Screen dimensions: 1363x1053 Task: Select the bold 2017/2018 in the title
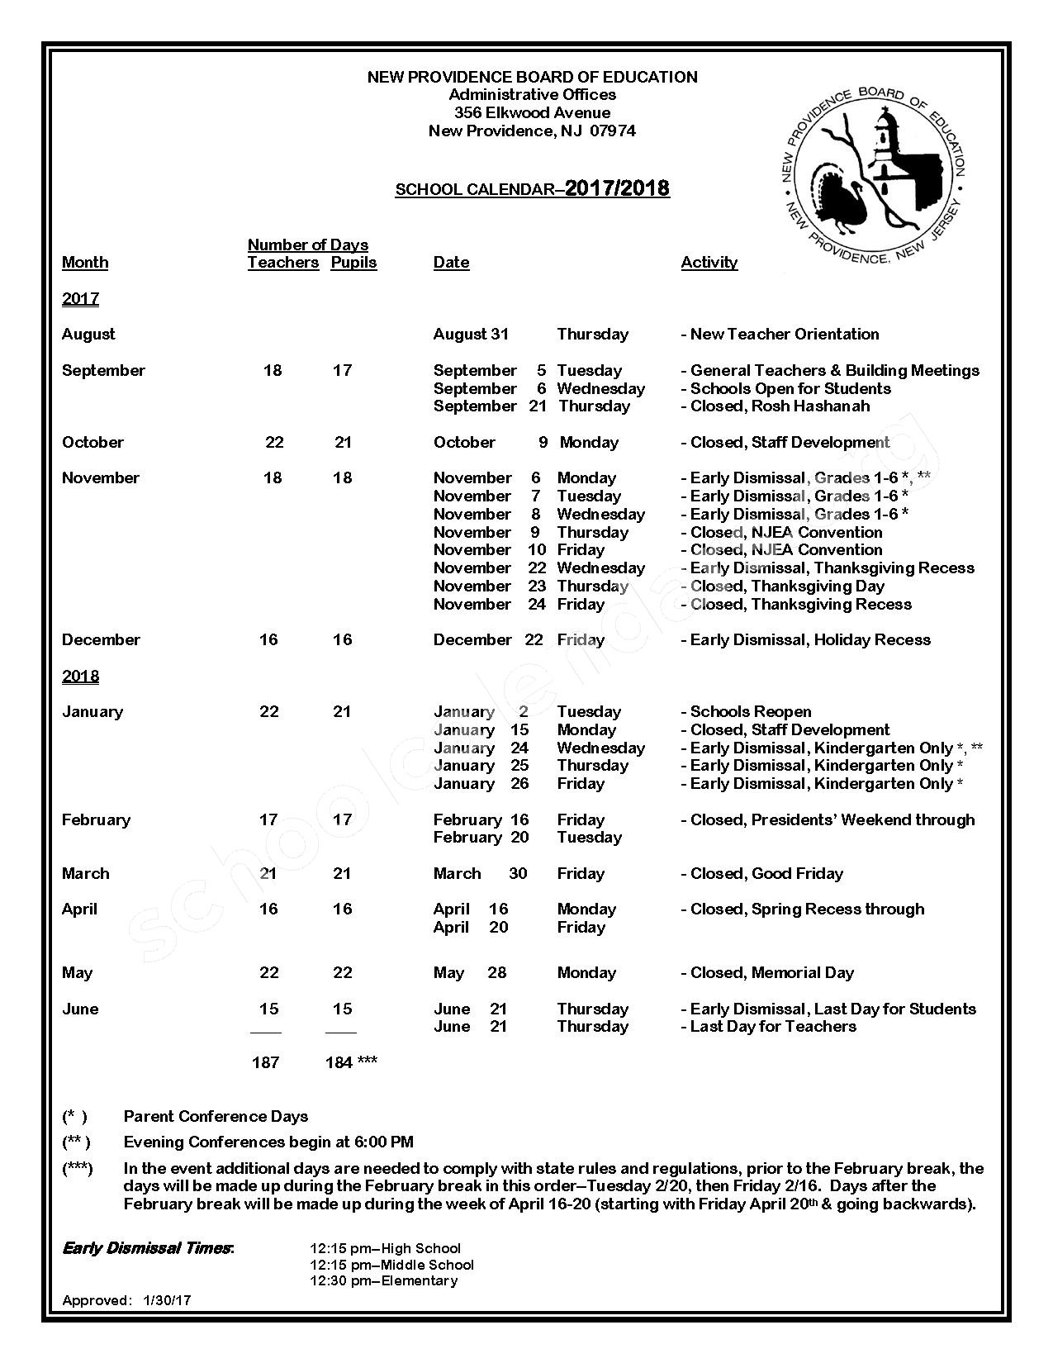(x=617, y=188)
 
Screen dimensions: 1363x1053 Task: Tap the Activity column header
(x=709, y=263)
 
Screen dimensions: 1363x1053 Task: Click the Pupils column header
(x=353, y=263)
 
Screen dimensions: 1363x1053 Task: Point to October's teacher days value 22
(x=274, y=443)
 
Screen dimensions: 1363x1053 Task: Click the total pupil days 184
(x=339, y=1063)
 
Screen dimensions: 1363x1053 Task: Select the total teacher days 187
(x=265, y=1063)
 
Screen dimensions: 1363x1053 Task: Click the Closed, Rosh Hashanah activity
(x=780, y=406)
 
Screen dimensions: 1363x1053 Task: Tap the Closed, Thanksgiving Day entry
(x=786, y=587)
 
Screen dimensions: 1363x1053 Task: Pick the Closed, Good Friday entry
(x=766, y=874)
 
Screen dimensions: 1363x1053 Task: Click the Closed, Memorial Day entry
(x=771, y=973)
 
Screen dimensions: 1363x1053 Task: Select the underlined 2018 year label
(x=80, y=677)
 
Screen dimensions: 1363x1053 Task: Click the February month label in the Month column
(x=96, y=820)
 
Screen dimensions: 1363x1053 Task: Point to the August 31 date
(x=471, y=335)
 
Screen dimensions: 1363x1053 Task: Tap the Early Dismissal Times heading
(x=148, y=1248)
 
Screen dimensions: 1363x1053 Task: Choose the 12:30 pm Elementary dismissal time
(x=383, y=1281)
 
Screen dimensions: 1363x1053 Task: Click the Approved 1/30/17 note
(x=126, y=1301)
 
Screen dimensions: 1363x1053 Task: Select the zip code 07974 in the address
(x=612, y=131)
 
